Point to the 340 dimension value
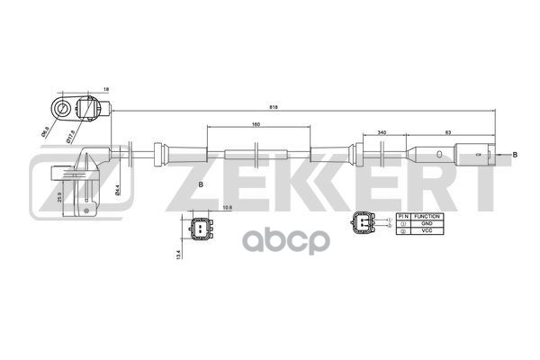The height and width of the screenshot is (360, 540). [x=383, y=132]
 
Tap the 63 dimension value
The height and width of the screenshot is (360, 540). [x=448, y=132]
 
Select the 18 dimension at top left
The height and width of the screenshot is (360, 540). [x=105, y=90]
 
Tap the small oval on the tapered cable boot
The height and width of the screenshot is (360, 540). [x=438, y=155]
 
